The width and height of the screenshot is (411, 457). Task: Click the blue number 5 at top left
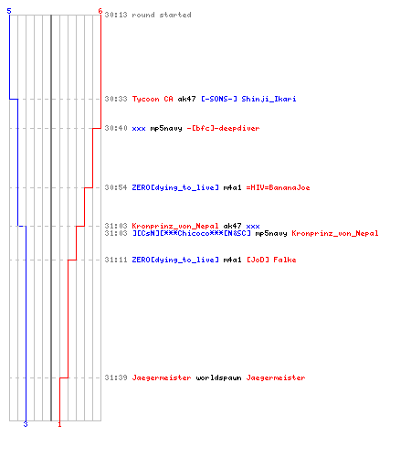click(x=9, y=11)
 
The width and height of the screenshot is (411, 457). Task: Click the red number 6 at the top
click(x=100, y=11)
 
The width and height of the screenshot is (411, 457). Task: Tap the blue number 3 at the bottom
click(x=26, y=424)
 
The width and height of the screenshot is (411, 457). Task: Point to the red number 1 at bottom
click(x=59, y=424)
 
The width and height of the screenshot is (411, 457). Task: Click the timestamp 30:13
click(x=116, y=15)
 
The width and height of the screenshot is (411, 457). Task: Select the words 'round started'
click(x=162, y=15)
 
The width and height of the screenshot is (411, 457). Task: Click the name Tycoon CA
click(x=153, y=99)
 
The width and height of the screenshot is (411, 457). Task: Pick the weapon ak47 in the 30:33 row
click(x=186, y=99)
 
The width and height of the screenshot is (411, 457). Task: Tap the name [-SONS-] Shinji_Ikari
click(x=248, y=99)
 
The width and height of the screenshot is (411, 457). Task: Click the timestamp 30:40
click(x=116, y=128)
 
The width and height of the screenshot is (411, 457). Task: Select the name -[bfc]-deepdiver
click(x=223, y=128)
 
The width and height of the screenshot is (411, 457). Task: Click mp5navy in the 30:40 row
click(x=166, y=129)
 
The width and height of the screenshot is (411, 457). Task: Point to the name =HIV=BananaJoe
click(x=278, y=187)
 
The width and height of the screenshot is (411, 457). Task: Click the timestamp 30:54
click(x=116, y=187)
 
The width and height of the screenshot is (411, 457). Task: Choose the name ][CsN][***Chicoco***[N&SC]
click(x=192, y=234)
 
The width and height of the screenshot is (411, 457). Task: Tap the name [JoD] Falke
click(x=271, y=260)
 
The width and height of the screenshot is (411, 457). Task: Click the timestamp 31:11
click(x=116, y=260)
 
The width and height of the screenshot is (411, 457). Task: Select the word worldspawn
click(x=218, y=378)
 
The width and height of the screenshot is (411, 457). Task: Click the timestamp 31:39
click(x=116, y=377)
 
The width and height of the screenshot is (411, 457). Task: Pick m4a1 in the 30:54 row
click(x=232, y=187)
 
